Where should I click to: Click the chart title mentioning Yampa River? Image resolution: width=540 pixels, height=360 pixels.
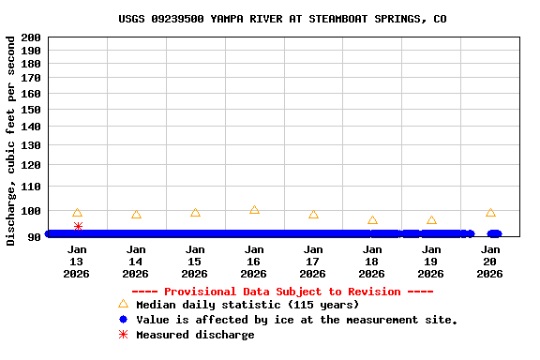282,19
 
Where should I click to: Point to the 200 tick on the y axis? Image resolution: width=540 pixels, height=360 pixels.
30,37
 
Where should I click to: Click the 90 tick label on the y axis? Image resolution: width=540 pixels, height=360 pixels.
33,236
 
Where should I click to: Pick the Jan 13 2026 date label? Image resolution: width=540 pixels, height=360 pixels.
77,262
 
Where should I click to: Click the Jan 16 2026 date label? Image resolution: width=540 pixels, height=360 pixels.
253,262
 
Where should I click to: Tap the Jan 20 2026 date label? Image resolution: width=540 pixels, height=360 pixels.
490,262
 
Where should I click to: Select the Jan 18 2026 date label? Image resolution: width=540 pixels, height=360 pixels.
371,262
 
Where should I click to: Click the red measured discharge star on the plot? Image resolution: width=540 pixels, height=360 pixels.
78,226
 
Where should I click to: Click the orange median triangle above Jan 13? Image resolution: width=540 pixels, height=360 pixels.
77,213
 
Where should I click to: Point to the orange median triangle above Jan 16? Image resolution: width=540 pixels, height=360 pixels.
254,210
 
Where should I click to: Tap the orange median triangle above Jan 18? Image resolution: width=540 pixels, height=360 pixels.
372,220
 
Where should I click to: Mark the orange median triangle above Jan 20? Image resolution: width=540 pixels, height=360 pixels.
490,213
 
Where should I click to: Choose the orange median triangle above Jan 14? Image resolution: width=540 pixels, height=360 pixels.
136,215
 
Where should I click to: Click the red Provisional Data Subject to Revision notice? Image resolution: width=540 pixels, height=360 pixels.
282,292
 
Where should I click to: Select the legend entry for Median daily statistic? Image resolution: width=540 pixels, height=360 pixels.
247,305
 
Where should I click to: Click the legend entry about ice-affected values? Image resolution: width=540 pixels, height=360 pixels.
296,320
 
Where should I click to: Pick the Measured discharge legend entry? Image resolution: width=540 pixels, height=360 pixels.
194,335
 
